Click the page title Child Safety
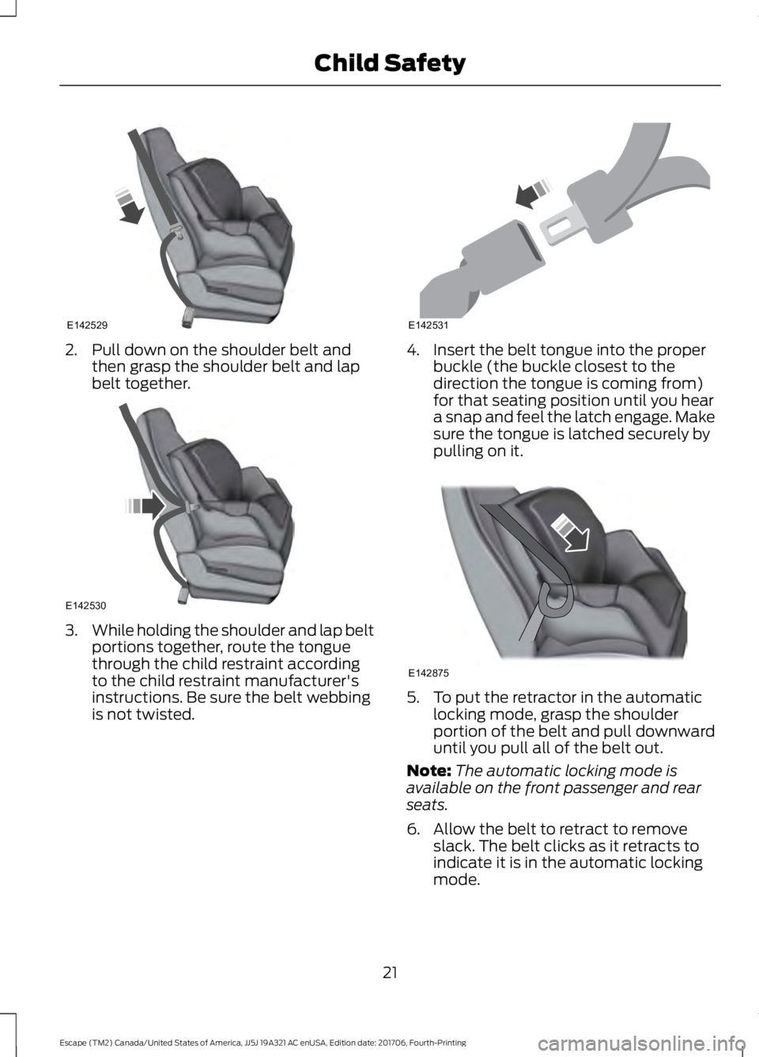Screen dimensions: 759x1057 pos(390,63)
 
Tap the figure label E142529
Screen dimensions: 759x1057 pos(87,325)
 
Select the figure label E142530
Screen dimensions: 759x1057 pos(87,605)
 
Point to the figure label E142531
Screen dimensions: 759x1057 pos(429,325)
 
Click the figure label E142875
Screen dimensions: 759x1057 pos(429,673)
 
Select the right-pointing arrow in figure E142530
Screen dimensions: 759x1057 pos(145,506)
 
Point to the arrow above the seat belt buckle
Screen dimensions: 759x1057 pos(534,193)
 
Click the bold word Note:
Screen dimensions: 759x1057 pos(429,771)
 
